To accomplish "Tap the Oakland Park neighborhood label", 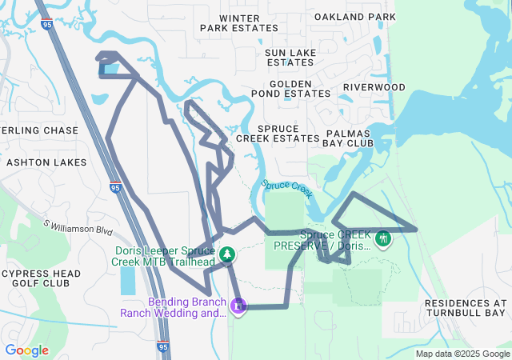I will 355,16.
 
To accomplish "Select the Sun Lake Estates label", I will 290,57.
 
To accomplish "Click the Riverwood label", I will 374,87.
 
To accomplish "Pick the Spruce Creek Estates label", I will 278,133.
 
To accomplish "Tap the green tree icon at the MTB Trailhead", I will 228,254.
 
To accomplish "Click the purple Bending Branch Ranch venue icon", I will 238,305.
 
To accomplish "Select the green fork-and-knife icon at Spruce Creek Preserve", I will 383,238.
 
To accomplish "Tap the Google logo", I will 26,350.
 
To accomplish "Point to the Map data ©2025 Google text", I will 463,354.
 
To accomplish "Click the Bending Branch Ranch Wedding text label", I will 174,307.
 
